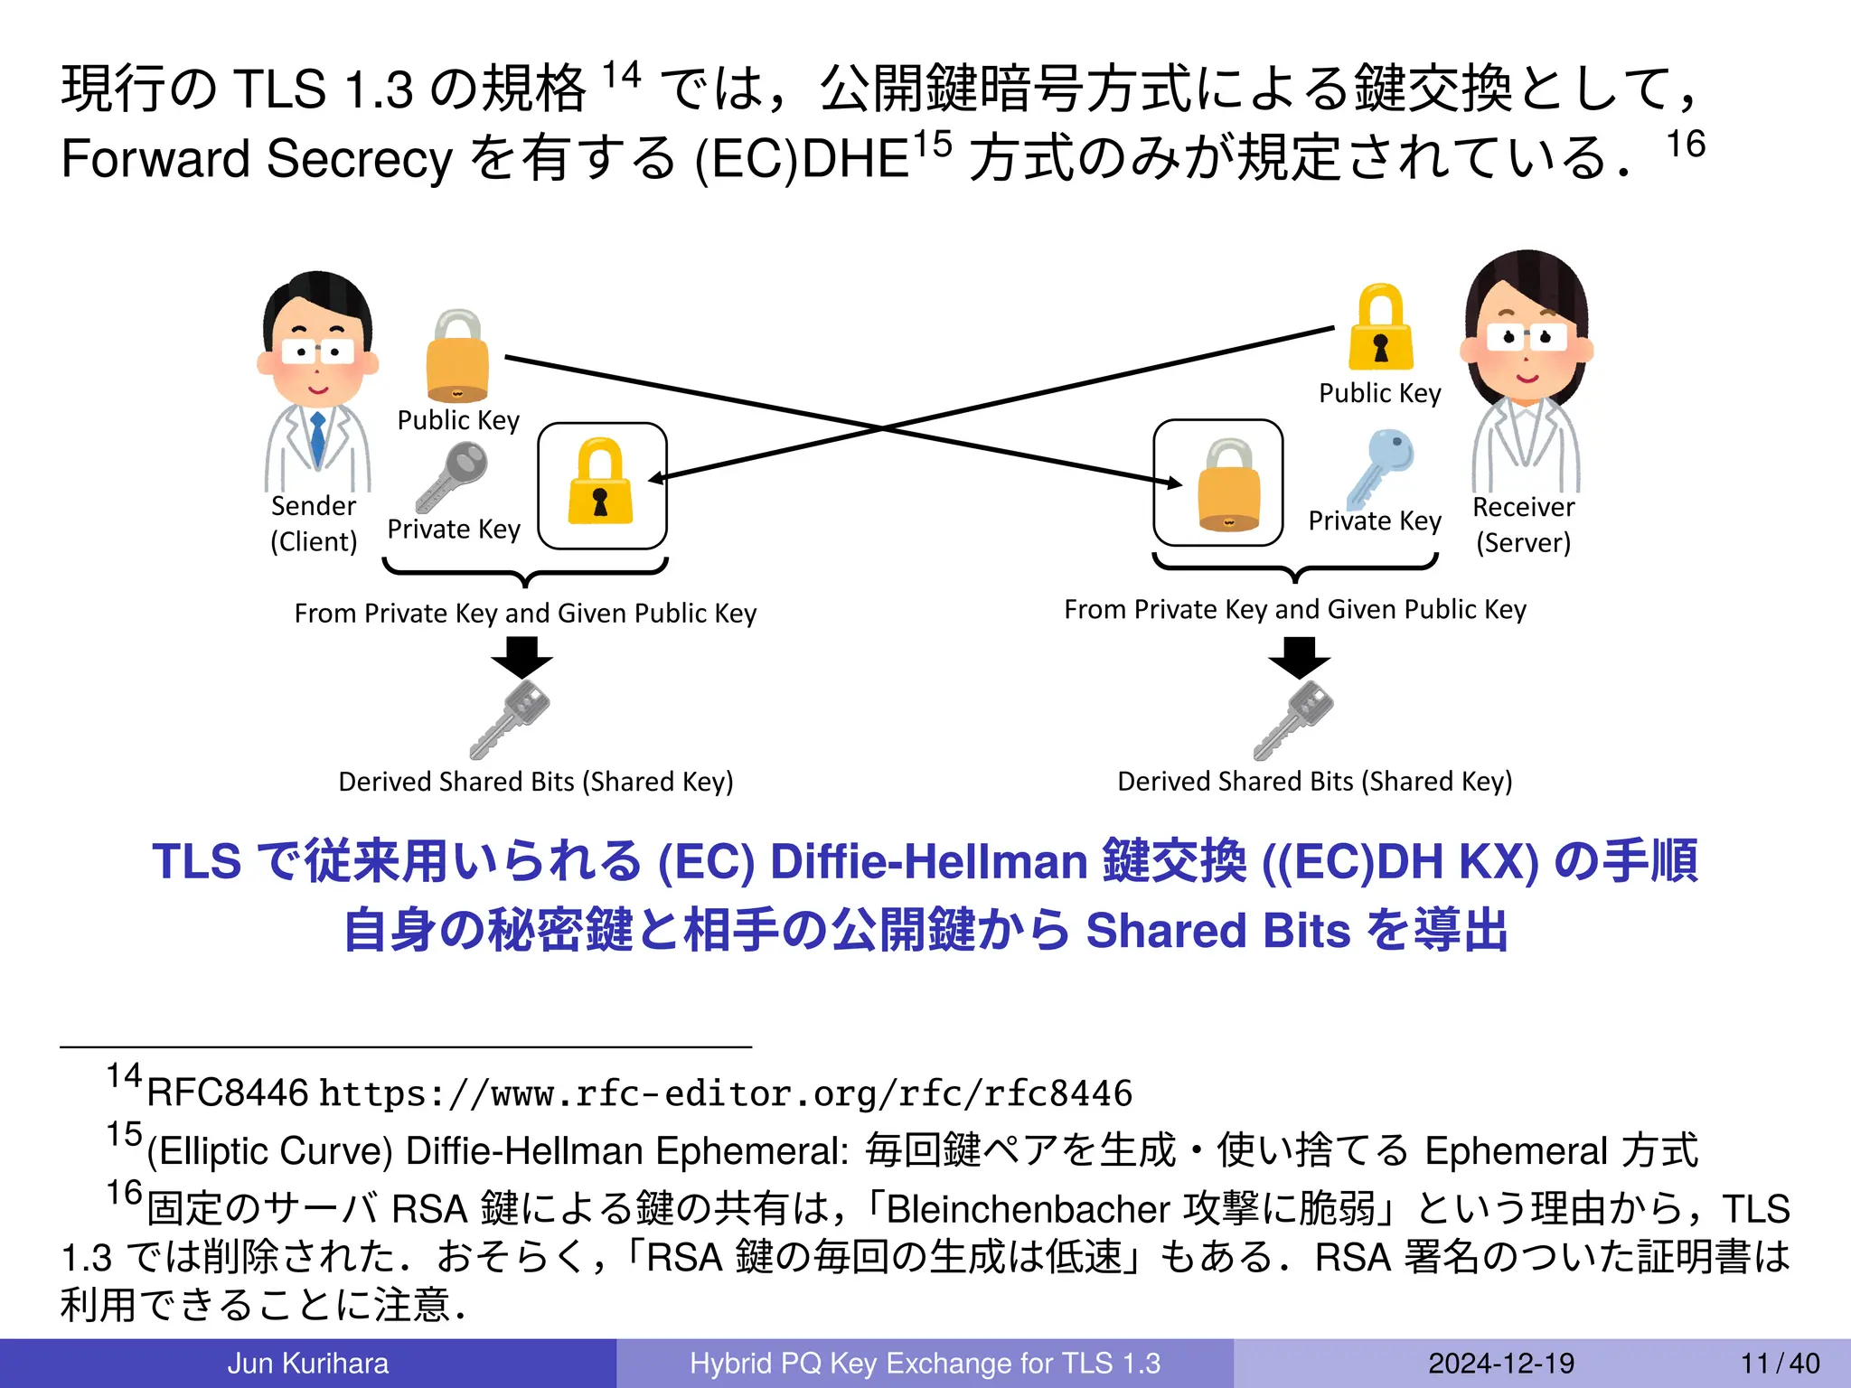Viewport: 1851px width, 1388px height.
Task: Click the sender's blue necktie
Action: (317, 437)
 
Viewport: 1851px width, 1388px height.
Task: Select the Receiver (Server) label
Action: (1523, 524)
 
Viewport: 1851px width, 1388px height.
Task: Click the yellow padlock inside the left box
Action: (601, 483)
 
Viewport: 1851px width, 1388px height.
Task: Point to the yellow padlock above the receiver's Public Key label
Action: (1380, 329)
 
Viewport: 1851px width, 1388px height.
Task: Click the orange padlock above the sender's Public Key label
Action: (457, 357)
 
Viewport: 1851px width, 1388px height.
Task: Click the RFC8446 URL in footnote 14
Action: (726, 1093)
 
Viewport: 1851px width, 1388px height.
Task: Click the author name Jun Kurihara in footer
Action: (307, 1363)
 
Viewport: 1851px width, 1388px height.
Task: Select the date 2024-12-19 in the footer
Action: (1500, 1363)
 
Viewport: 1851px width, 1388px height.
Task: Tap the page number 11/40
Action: (1780, 1363)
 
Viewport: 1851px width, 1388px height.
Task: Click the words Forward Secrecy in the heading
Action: (257, 159)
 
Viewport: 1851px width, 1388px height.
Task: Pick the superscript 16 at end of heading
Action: (1685, 145)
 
